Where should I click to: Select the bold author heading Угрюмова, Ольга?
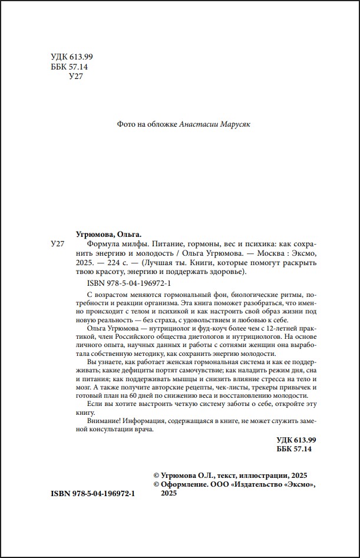110,234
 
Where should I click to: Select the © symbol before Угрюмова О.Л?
156,476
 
